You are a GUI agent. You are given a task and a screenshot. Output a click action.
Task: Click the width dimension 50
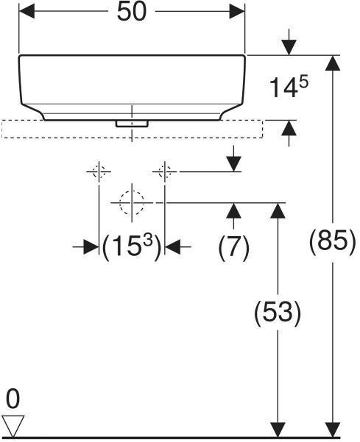[x=132, y=12]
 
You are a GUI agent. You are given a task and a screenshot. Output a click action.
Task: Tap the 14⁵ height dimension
[x=289, y=88]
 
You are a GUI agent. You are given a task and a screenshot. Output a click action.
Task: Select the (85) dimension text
[x=333, y=241]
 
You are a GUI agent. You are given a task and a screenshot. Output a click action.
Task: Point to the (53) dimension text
[x=278, y=313]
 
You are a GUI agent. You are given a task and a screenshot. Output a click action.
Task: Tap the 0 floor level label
[x=13, y=399]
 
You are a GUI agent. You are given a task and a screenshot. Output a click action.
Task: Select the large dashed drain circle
[x=132, y=203]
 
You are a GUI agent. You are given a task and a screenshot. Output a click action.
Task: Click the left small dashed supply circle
[x=99, y=171]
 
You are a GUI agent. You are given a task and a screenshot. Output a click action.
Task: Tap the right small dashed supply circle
[x=165, y=171]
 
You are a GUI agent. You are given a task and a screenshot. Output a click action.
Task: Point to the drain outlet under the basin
[x=132, y=124]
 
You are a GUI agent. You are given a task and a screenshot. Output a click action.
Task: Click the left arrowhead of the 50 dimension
[x=27, y=12]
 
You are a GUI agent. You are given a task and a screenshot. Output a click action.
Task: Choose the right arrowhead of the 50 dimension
[x=237, y=12]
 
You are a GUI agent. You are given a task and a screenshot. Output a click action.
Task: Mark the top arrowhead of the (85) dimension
[x=333, y=63]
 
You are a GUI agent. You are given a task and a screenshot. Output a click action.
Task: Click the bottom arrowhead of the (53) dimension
[x=278, y=429]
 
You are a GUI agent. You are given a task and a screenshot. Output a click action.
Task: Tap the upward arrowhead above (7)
[x=233, y=210]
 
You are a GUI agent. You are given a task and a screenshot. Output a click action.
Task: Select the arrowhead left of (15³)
[x=91, y=246]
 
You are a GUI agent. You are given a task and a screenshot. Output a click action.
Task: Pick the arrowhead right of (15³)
[x=172, y=246]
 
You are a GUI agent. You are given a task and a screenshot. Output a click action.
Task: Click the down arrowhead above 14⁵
[x=289, y=48]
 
